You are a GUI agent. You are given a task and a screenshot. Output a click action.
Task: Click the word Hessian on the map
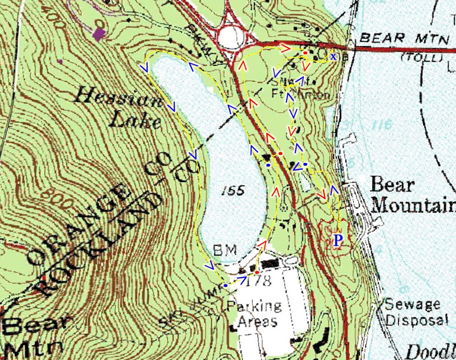106,99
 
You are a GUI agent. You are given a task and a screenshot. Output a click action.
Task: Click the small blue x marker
333,57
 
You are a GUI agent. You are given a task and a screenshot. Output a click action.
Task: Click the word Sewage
412,304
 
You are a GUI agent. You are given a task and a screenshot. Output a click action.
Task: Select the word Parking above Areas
255,307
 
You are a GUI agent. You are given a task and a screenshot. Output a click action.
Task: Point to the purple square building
98,33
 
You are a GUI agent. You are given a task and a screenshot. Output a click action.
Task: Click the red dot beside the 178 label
257,272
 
